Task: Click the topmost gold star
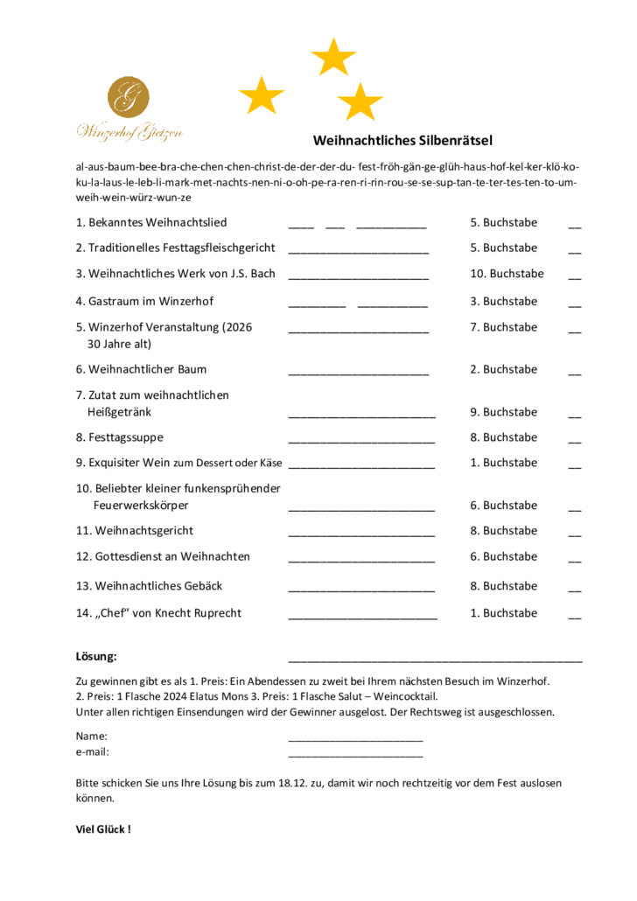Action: click(333, 58)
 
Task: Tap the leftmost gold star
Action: click(262, 95)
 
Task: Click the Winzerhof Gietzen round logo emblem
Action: click(128, 97)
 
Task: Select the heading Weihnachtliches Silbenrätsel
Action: click(403, 140)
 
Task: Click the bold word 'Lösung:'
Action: click(96, 656)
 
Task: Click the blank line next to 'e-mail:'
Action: click(355, 754)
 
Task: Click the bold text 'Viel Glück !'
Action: click(103, 828)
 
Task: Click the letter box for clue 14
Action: click(574, 617)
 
